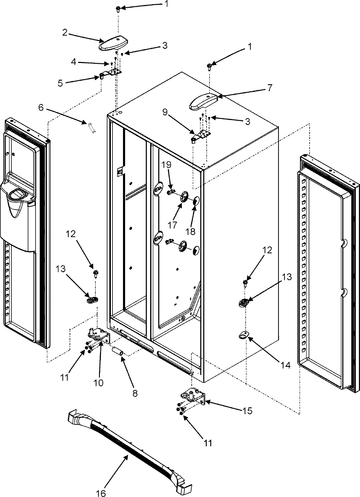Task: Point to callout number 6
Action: point(41,108)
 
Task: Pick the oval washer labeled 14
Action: point(244,336)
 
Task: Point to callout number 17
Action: point(172,225)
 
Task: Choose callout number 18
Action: point(190,231)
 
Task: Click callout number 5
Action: point(60,83)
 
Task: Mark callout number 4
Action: point(73,62)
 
